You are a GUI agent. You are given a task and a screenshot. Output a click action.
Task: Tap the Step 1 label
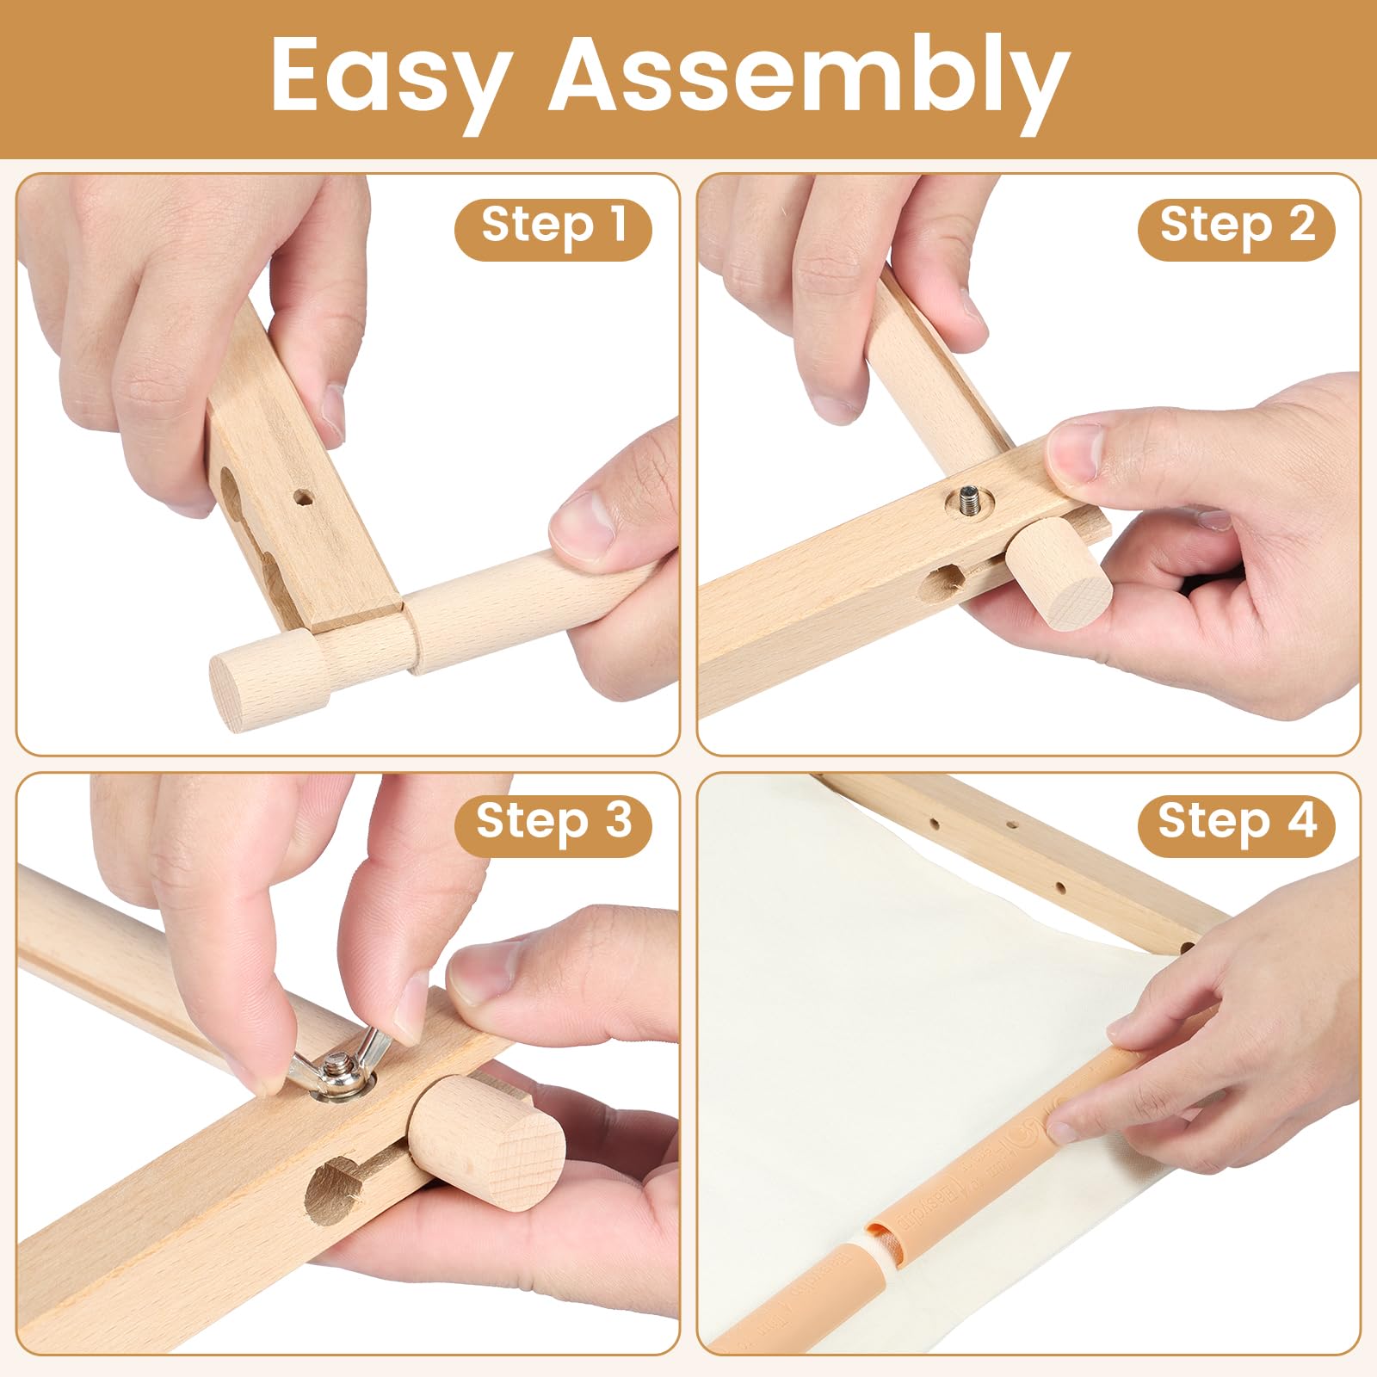(553, 225)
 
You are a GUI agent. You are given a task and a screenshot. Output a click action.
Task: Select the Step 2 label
(1237, 225)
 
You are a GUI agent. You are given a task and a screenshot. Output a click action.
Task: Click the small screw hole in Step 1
(303, 497)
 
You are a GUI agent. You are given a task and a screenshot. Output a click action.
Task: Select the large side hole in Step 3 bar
(331, 1188)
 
